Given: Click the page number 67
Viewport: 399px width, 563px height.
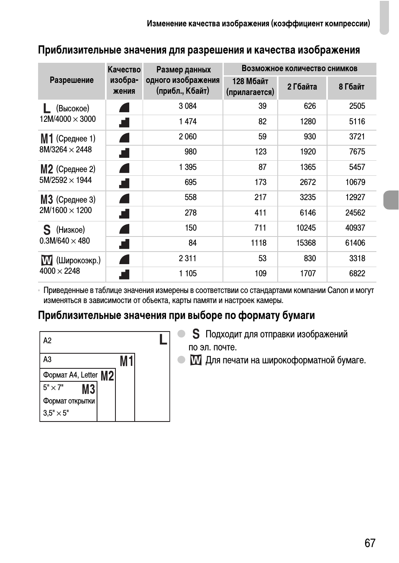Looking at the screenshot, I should (x=370, y=543).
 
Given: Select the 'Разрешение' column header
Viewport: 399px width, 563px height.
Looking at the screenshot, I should (x=72, y=80).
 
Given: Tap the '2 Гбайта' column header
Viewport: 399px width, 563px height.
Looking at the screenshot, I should (x=302, y=87).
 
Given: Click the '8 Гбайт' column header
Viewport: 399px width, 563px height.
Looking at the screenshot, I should (x=351, y=87).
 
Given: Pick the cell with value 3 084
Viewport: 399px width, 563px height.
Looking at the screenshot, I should (x=187, y=106).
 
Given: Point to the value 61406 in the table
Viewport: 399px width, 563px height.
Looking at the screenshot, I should (x=355, y=243).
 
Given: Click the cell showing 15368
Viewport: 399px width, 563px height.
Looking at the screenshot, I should (x=306, y=243).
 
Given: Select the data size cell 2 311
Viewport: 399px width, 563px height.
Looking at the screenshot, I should (x=187, y=259).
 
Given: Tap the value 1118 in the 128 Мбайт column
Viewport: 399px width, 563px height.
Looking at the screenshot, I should (x=258, y=243).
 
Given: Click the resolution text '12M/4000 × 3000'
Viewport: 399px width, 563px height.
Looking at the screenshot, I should (x=68, y=119).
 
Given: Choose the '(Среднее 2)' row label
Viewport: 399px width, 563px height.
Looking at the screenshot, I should (x=76, y=169).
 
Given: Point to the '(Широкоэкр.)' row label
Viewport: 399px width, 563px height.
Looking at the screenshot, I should (x=79, y=260).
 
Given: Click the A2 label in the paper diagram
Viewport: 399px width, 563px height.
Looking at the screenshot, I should (x=47, y=341).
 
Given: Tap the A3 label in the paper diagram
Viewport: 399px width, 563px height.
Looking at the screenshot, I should (x=47, y=360).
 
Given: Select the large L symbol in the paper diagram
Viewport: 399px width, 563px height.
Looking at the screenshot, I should (x=163, y=339).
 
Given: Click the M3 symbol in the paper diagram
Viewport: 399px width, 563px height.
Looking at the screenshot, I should (x=88, y=389).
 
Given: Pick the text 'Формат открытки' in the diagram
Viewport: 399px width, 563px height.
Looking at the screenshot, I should (x=69, y=401).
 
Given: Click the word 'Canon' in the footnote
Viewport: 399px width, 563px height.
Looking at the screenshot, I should (x=338, y=290).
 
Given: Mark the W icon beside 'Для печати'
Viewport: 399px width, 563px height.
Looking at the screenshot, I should (x=196, y=360).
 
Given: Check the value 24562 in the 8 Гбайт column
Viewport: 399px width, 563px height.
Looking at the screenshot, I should (x=355, y=213).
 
